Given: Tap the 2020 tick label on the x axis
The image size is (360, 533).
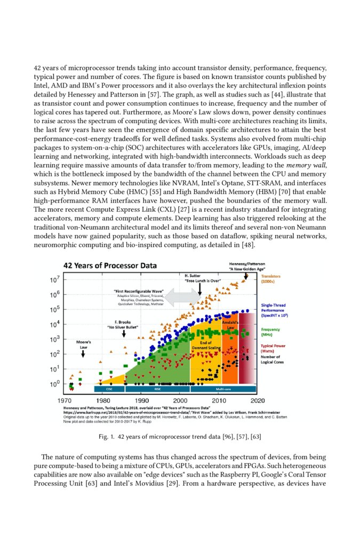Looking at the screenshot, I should tap(258, 400).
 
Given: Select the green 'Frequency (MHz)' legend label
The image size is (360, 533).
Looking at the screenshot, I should tap(270, 332).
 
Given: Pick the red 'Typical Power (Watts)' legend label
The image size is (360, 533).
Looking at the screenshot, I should tap(274, 349).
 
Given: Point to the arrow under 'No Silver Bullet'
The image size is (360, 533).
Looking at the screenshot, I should tap(124, 333).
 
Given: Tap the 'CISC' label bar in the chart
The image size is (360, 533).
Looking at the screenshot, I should tap(109, 389).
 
